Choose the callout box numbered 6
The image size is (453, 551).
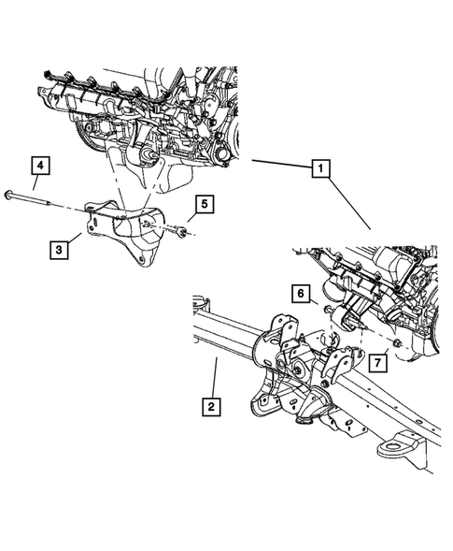point(301,294)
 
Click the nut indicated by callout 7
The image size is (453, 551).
point(398,347)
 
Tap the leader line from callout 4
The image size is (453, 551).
point(37,186)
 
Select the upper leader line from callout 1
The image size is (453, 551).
point(280,166)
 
